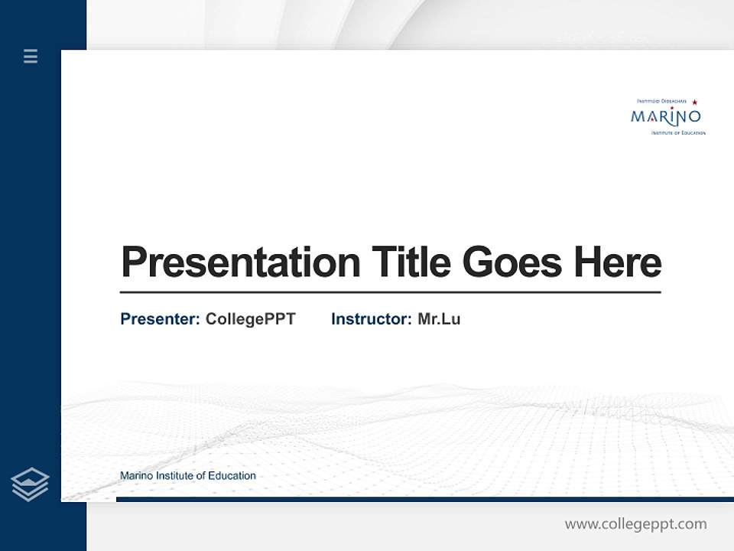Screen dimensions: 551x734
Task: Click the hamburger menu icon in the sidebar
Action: coord(31,56)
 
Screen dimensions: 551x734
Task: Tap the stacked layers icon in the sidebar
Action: coord(30,484)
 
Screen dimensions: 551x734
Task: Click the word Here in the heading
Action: coord(617,262)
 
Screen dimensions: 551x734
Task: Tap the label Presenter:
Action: coord(160,319)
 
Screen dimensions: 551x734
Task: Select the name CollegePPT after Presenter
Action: coord(250,319)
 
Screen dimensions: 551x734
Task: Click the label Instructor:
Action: coord(371,319)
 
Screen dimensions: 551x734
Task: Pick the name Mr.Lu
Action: coord(439,319)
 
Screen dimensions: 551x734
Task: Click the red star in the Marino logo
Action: coord(694,102)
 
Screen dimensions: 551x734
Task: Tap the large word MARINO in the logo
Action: coord(665,117)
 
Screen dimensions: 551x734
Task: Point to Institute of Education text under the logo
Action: coord(678,133)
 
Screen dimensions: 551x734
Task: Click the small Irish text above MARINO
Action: coord(662,101)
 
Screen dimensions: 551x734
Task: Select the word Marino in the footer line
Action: coord(136,476)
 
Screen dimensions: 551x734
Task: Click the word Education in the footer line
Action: coord(232,476)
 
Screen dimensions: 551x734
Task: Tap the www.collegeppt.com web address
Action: coord(635,524)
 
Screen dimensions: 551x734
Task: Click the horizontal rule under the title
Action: coord(390,292)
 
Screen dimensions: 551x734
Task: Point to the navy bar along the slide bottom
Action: coord(424,499)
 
